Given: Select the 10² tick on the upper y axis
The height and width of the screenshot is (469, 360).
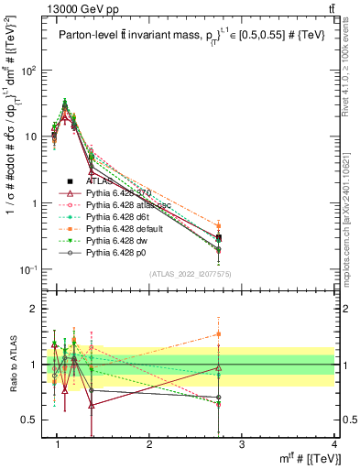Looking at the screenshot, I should pyautogui.click(x=30, y=70).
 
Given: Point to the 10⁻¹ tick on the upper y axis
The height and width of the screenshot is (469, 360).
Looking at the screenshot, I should pyautogui.click(x=30, y=269).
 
